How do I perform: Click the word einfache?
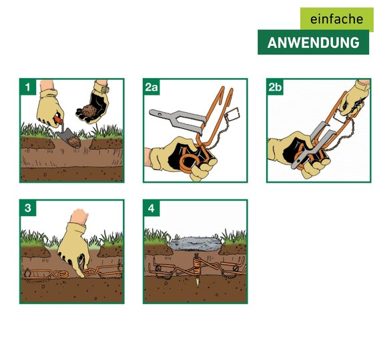coord(336,19)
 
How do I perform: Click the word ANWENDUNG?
coord(313,43)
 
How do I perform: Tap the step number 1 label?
coord(27,87)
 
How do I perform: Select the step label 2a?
coord(151,87)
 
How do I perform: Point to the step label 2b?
coord(275,87)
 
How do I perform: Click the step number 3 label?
coord(27,208)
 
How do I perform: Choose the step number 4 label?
coord(151,208)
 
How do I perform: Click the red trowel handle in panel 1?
coord(59,119)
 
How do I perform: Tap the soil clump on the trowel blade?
coord(73,141)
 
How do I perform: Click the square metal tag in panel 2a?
coord(233,113)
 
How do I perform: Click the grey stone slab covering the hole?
coord(196,243)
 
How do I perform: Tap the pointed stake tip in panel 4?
coord(197,283)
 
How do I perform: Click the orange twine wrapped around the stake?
coord(197,267)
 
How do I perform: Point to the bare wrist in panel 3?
coord(79,216)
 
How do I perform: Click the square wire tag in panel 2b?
coord(341,119)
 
